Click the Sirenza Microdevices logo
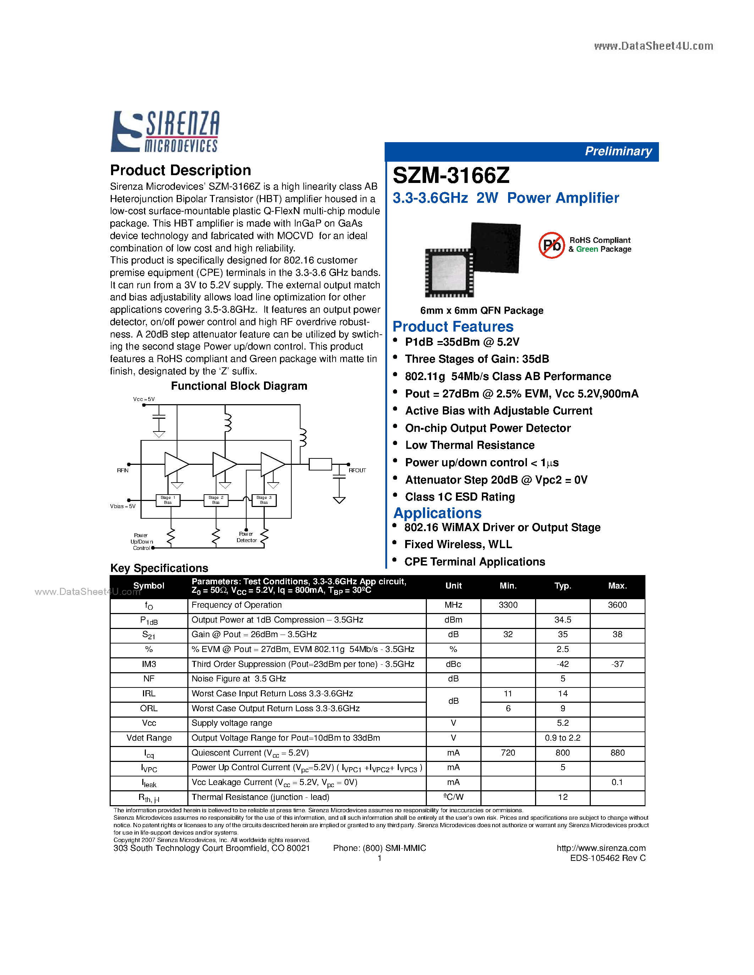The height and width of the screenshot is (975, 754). (x=165, y=131)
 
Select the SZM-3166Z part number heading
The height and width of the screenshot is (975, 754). (x=451, y=175)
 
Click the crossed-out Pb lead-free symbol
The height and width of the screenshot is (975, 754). (x=552, y=245)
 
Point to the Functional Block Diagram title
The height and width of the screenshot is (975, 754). (x=239, y=386)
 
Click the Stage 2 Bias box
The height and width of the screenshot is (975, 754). (x=216, y=500)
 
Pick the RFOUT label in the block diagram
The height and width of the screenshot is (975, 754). (x=357, y=470)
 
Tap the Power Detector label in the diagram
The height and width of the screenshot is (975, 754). (x=247, y=537)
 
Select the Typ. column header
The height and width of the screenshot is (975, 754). (x=562, y=586)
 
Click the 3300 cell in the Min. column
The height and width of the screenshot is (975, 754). (x=508, y=605)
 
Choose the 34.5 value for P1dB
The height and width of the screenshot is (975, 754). (x=562, y=620)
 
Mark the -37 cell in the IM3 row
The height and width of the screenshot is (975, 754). (x=617, y=664)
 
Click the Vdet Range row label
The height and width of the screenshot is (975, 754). (x=149, y=738)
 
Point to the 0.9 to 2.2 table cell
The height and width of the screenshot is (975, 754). (x=562, y=738)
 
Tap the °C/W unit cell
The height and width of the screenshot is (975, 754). (x=453, y=797)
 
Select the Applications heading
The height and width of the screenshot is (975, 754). (x=437, y=513)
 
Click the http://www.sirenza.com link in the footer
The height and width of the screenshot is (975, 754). (x=601, y=848)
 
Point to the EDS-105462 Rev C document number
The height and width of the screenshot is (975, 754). (x=607, y=858)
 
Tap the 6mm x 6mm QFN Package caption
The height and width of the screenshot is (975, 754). (x=481, y=311)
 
